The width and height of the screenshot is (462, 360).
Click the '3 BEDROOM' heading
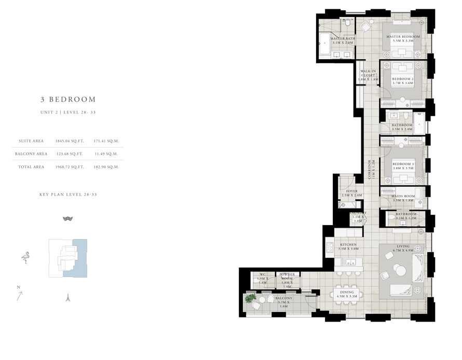[68, 99]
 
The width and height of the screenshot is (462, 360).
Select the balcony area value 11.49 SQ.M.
[106, 154]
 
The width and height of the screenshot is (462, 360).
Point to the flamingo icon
[25, 257]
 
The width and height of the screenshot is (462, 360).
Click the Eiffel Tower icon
[67, 297]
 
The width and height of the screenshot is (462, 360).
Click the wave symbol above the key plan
[67, 218]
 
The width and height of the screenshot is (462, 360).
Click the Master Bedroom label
[403, 37]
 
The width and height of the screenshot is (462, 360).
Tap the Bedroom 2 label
[402, 80]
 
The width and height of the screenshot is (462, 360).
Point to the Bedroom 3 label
[403, 164]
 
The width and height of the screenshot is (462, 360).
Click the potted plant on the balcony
[251, 298]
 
